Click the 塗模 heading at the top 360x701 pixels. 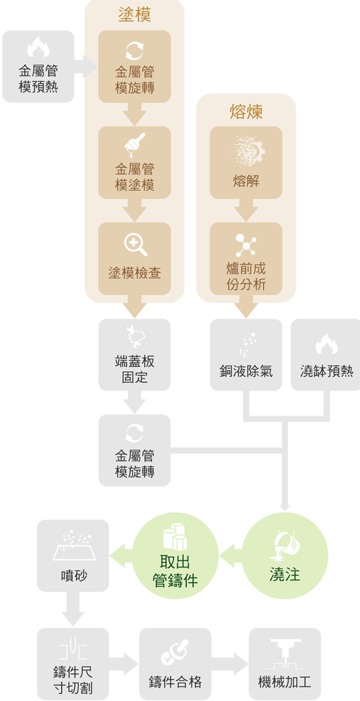pos(134,15)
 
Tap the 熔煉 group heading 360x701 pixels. pos(246,111)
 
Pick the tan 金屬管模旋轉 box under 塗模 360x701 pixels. pos(134,67)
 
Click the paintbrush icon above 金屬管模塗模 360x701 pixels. pos(134,145)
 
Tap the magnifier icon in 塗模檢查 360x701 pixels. pos(135,245)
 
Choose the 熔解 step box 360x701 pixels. pos(246,163)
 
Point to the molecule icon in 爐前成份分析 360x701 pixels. pos(246,245)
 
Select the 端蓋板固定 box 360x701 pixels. pos(134,355)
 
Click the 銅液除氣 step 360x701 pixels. pos(246,355)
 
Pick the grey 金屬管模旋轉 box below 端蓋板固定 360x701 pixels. pos(134,450)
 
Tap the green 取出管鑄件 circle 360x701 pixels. pos(175,556)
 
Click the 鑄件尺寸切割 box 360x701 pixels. pos(73,664)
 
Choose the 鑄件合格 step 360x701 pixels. pos(175,664)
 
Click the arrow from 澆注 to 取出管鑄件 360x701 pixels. pos(231,555)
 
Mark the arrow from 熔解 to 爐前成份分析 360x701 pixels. pos(246,211)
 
